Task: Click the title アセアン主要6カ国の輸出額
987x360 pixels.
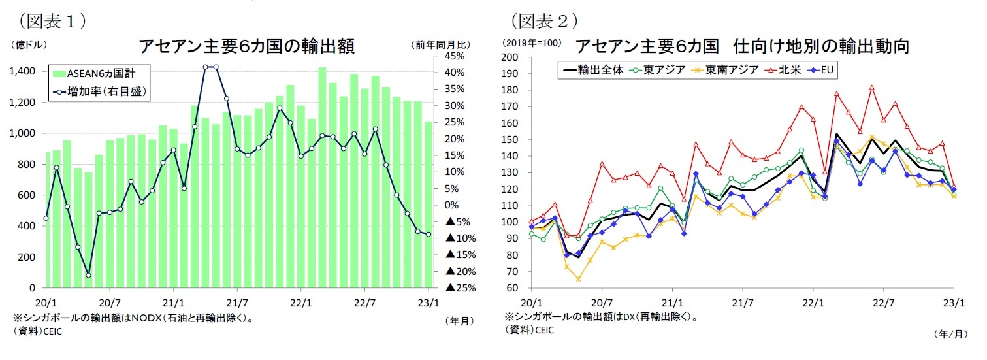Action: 246,46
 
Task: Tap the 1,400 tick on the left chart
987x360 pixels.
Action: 24,71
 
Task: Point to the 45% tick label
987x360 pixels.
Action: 455,56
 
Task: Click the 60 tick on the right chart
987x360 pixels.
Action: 512,288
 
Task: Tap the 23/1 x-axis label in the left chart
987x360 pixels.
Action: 428,303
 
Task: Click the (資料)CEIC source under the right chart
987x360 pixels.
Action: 528,331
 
